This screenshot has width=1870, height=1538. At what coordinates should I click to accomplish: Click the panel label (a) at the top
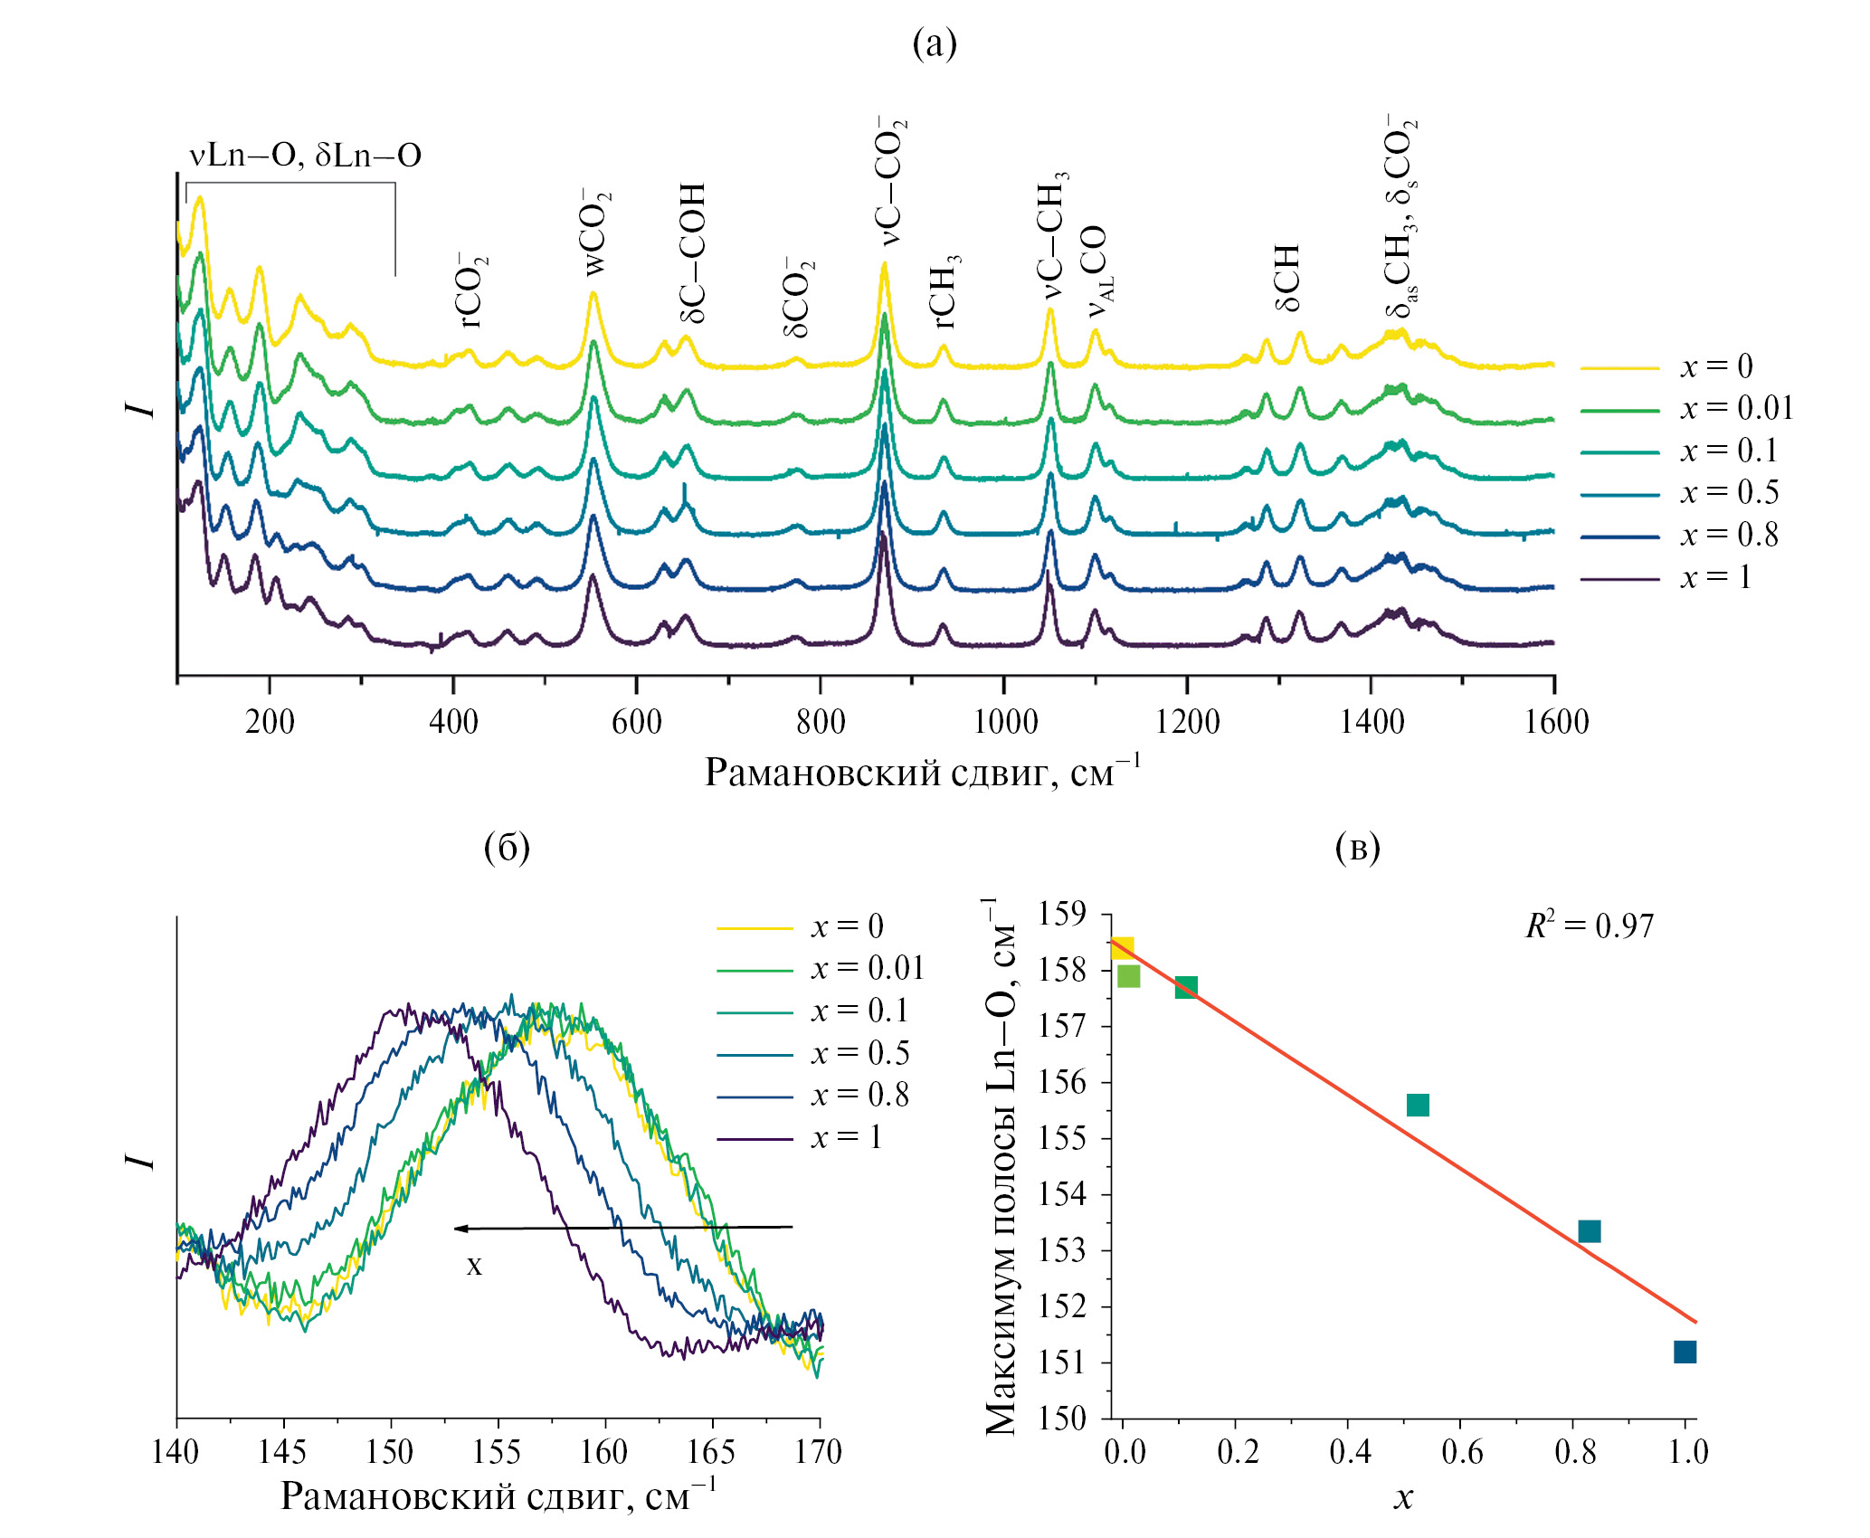pos(934,43)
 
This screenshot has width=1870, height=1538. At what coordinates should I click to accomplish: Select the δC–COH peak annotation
pos(693,253)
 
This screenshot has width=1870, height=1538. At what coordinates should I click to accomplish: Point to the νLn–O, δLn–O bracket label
pos(305,156)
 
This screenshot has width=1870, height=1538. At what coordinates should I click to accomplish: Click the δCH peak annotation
pos(1287,277)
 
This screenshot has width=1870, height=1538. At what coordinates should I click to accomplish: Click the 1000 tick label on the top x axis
pos(1005,722)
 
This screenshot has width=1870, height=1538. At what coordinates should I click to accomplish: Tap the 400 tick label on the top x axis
pos(453,722)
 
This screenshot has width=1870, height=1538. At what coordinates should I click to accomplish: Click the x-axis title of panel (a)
pos(922,773)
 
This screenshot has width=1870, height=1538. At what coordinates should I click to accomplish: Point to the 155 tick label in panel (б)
pos(497,1452)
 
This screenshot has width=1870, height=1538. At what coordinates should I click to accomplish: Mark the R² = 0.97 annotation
pos(1590,926)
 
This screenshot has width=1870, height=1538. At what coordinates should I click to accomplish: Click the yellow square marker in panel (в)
pos(1122,947)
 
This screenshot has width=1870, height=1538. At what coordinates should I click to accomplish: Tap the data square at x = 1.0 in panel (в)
pos(1685,1352)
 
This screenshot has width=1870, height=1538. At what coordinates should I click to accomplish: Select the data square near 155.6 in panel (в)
pos(1419,1105)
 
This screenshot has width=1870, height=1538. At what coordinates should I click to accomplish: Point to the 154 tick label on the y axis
pos(1062,1194)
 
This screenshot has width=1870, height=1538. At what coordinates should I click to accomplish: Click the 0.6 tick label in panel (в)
pos(1462,1452)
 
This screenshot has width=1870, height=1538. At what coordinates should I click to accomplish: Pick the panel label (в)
pos(1357,848)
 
